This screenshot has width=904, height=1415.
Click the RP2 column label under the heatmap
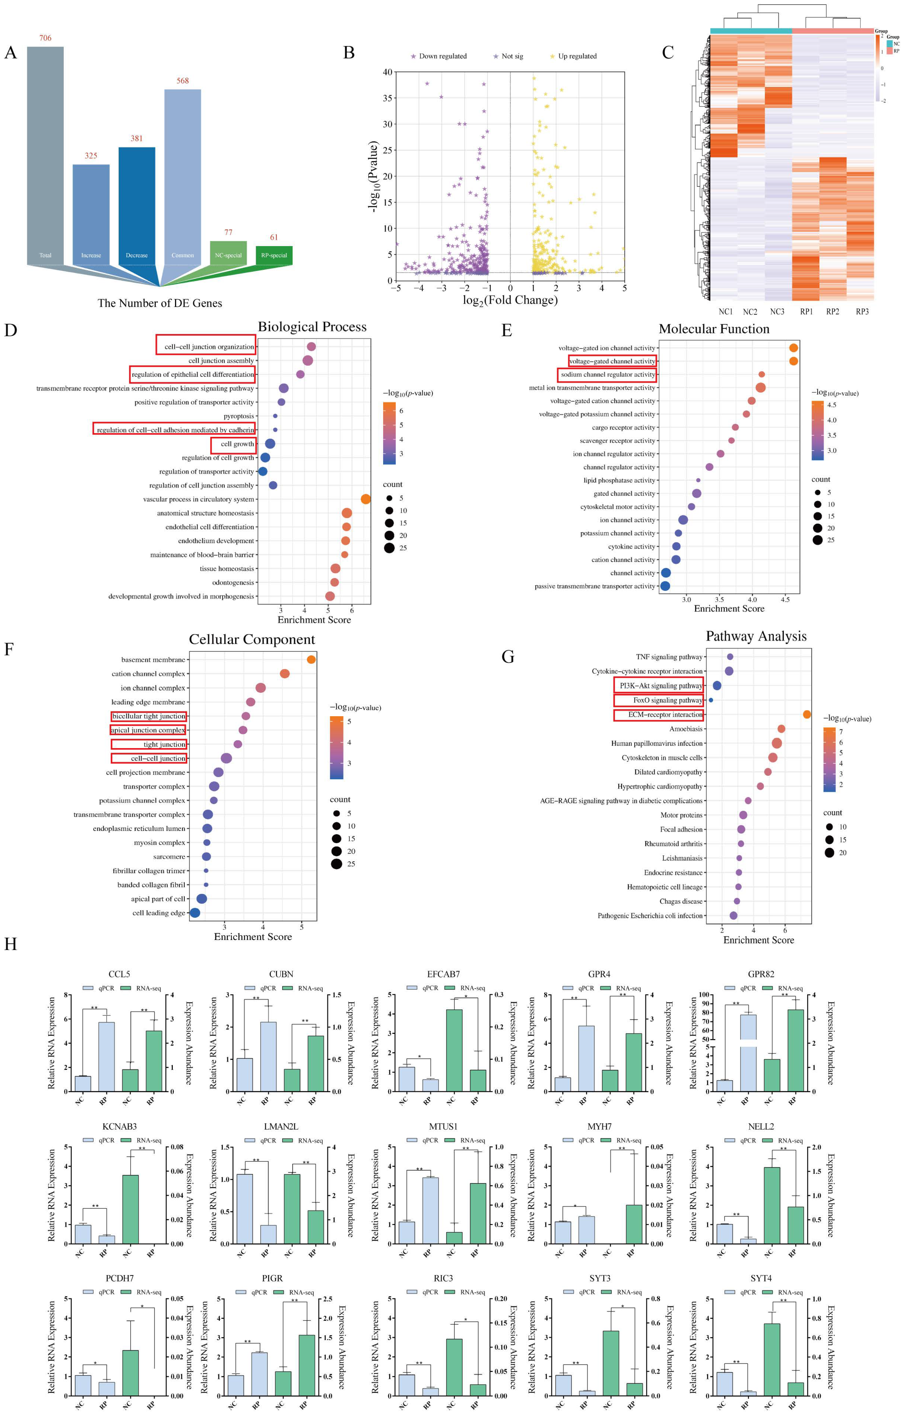pyautogui.click(x=832, y=311)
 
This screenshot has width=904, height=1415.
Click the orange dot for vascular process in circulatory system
pyautogui.click(x=365, y=499)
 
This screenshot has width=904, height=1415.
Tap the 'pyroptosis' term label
pyautogui.click(x=238, y=416)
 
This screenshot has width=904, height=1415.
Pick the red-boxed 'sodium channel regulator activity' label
pyautogui.click(x=607, y=374)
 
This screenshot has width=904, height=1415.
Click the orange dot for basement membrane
pyautogui.click(x=311, y=659)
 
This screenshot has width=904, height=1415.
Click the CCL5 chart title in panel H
pyautogui.click(x=119, y=974)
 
